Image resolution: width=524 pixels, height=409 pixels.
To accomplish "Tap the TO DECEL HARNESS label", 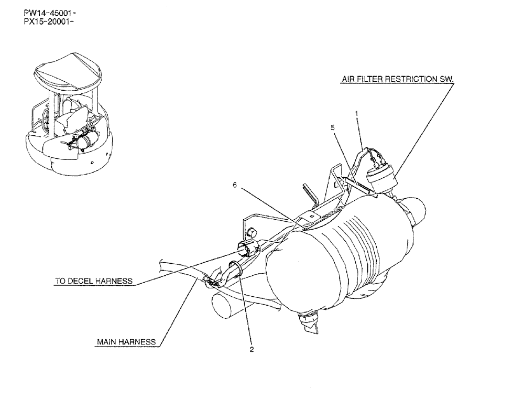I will coord(93,281).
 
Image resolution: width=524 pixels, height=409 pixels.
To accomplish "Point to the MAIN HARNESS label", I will coord(126,342).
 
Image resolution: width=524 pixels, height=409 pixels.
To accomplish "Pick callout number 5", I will coord(332,127).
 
